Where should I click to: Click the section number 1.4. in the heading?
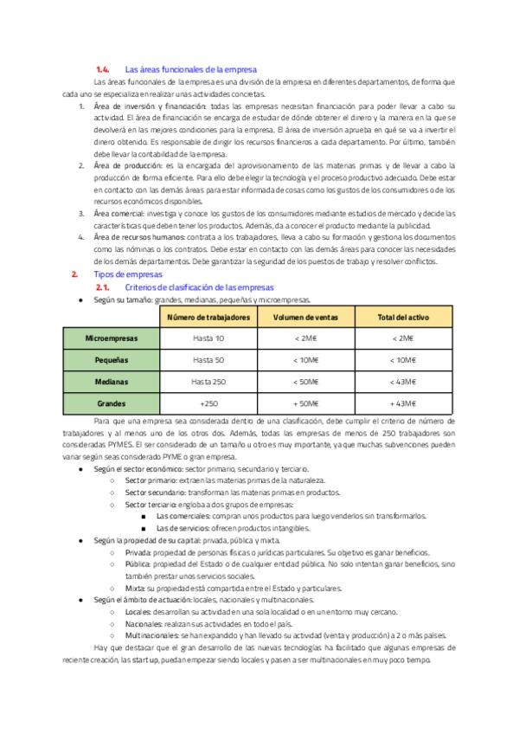[x=102, y=68]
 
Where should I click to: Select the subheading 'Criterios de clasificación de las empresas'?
[x=199, y=286]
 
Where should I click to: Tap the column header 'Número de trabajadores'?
[x=208, y=318]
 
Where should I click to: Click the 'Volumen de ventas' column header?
[x=306, y=318]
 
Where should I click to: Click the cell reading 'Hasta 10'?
[x=208, y=338]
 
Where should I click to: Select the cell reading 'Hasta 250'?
[x=208, y=381]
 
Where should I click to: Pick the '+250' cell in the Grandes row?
[x=208, y=402]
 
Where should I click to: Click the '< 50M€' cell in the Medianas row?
[x=306, y=381]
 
